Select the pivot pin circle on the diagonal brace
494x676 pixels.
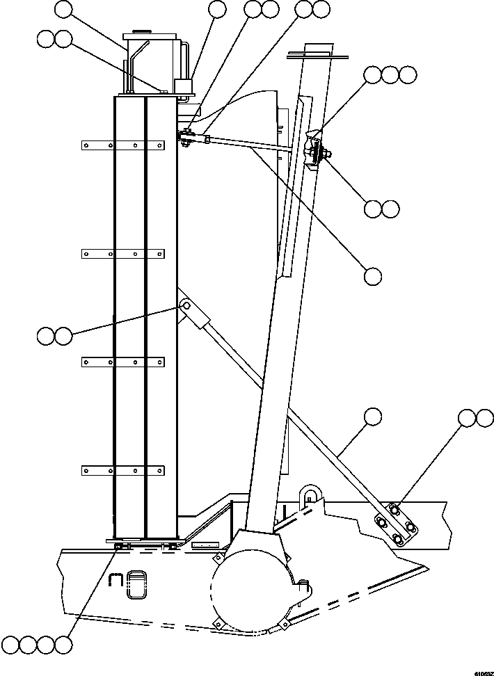pos(185,305)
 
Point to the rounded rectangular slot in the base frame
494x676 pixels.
pos(139,584)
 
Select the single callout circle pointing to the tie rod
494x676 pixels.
pos(373,275)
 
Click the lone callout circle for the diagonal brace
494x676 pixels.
pos(373,417)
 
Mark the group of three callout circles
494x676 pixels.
pos(390,74)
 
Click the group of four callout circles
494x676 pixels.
pos(37,644)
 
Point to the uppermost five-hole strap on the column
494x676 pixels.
pos(122,145)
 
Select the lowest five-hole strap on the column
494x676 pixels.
pos(122,471)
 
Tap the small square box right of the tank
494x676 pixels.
pos(183,86)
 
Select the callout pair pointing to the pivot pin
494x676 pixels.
pos(55,336)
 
